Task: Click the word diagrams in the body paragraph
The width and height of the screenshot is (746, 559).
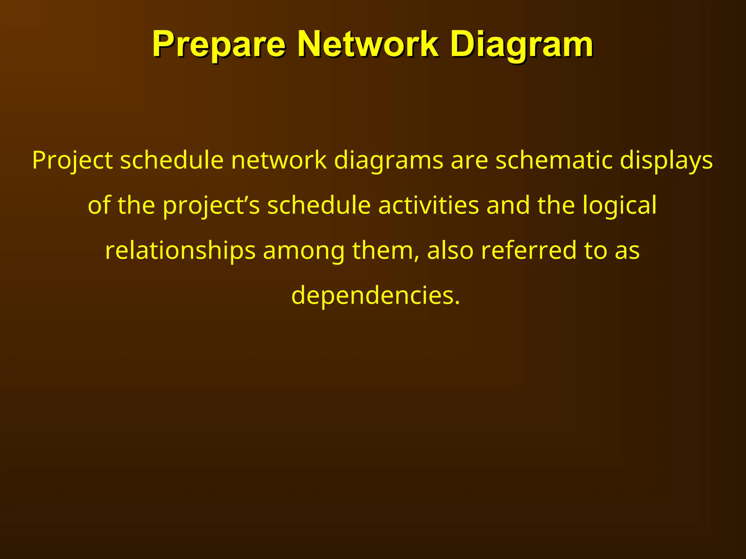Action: click(x=388, y=160)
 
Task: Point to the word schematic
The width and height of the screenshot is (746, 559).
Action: click(x=554, y=160)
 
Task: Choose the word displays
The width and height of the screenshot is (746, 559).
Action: click(x=666, y=160)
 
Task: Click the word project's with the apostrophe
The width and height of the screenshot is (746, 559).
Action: click(x=211, y=206)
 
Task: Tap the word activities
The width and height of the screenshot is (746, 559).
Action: click(x=428, y=206)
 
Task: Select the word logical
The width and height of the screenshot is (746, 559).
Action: click(x=619, y=206)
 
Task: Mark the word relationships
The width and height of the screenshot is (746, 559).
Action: click(x=180, y=251)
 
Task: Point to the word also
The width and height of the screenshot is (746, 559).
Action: click(x=450, y=251)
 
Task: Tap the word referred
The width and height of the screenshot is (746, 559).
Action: click(x=529, y=251)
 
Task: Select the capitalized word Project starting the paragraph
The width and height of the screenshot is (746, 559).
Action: click(x=72, y=160)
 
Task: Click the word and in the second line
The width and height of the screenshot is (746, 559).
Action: click(x=508, y=206)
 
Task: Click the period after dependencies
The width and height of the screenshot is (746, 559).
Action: click(x=457, y=303)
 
